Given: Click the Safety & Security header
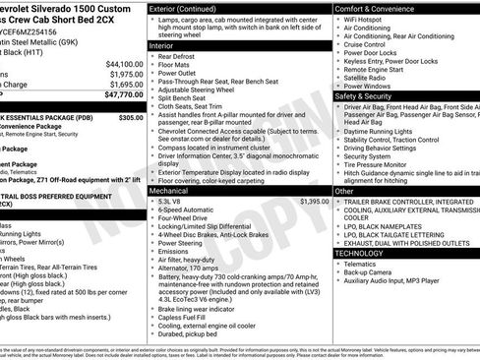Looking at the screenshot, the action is [370, 96].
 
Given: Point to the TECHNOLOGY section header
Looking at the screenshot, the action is [367, 253].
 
